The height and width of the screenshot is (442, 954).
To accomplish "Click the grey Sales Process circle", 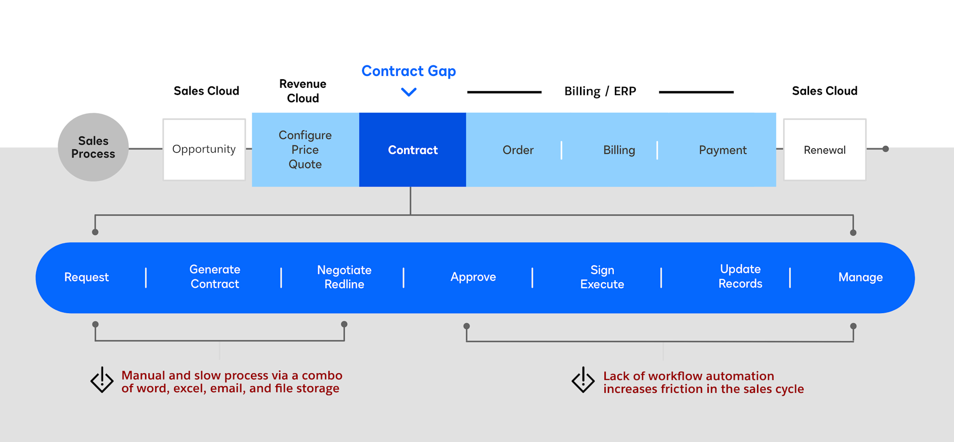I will pos(93,147).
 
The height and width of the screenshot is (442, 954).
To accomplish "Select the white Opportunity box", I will pos(204,149).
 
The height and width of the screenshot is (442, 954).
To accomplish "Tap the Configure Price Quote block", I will pos(305,149).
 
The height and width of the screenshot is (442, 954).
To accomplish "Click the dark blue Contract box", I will pos(413,150).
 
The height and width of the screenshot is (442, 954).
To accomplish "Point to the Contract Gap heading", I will pos(408,71).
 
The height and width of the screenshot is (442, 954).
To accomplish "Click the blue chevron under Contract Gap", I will pos(409,92).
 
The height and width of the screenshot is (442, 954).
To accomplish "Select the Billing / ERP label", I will pos(600,91).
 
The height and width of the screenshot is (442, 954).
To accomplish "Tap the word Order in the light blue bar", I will pos(518,150).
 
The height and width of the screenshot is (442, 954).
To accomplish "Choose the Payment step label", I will pos(723,150).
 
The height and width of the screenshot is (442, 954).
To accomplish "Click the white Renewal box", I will pos(824,150).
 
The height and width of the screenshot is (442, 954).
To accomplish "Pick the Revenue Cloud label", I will pos(303,91).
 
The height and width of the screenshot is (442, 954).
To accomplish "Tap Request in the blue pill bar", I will pos(86,277).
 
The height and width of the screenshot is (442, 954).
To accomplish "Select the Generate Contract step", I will pos(215,277).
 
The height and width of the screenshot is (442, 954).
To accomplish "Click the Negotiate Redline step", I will pos(344,277).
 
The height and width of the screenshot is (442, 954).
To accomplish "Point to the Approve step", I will pos(473,277).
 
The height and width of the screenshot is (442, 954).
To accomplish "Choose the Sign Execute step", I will pos(602,277).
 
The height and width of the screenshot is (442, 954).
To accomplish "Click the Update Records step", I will pos(740,276).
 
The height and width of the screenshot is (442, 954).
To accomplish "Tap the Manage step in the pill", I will pos(860,277).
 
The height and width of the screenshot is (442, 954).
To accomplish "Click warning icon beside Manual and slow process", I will pos(102,380).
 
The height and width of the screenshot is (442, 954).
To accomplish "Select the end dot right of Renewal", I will pos(885,149).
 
